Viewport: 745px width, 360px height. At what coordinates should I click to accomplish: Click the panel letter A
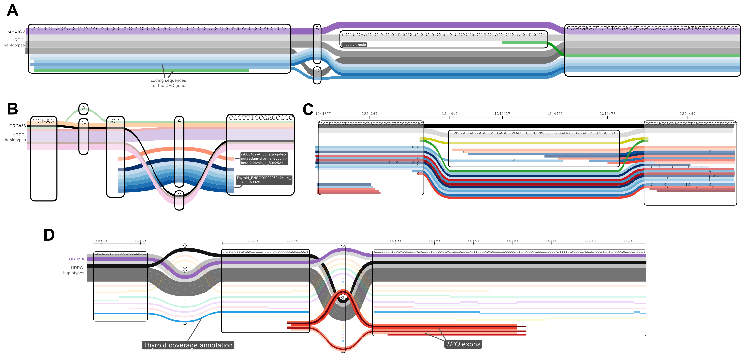[x=12, y=11]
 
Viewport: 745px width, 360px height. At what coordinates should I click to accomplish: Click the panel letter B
[x=12, y=109]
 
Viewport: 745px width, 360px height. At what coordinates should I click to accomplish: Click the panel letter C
[x=308, y=110]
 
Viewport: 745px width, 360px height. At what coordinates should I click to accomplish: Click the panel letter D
[x=49, y=235]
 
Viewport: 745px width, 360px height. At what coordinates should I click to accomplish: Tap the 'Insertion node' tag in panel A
[x=354, y=45]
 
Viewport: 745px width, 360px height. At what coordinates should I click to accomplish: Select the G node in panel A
[x=317, y=71]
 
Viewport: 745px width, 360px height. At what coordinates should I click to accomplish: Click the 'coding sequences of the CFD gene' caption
[x=169, y=83]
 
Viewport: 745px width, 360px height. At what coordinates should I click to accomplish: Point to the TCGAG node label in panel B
[x=44, y=121]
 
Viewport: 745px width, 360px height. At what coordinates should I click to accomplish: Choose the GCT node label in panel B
[x=115, y=121]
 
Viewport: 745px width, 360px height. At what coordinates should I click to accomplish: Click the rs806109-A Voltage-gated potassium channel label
[x=263, y=158]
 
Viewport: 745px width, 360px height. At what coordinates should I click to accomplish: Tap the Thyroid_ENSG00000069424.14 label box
[x=263, y=180]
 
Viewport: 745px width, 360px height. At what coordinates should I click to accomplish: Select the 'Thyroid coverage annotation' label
[x=188, y=345]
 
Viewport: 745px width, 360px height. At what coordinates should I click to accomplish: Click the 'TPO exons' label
[x=463, y=344]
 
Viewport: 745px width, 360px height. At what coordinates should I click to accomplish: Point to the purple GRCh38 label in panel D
[x=77, y=259]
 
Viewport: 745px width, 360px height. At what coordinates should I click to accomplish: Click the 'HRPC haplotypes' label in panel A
[x=14, y=43]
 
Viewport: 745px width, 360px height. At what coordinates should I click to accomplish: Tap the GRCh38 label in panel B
[x=17, y=126]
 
